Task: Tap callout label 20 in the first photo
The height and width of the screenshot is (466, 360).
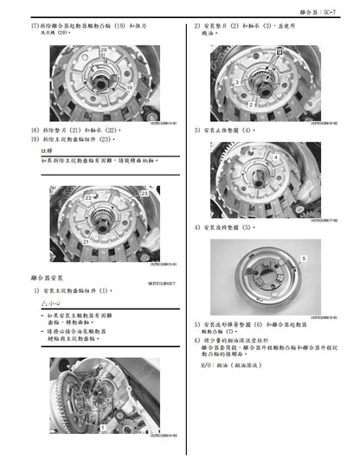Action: (104, 51)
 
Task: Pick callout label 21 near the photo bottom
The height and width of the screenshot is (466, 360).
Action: (86, 243)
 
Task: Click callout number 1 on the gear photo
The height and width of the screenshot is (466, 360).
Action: (103, 427)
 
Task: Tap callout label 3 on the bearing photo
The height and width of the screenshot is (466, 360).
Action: (236, 82)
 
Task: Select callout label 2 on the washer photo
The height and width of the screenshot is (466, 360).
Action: (251, 104)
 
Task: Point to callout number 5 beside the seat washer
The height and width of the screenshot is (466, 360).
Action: (305, 259)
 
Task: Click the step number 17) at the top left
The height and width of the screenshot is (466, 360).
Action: (34, 27)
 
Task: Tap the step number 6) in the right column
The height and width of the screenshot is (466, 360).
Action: (197, 342)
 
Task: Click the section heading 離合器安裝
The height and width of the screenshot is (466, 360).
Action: (46, 279)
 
